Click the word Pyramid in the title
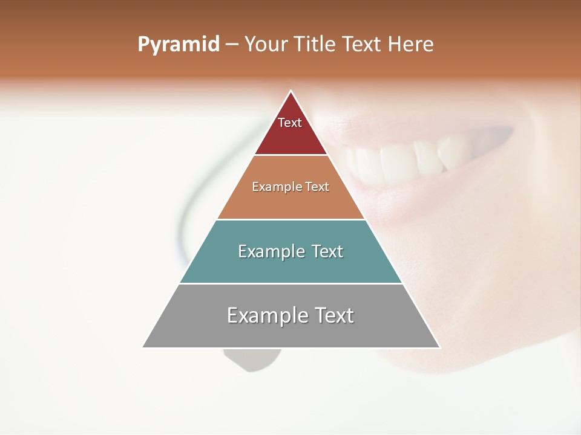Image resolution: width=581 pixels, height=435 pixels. point(178,45)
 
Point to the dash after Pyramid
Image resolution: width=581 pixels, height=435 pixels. point(232,45)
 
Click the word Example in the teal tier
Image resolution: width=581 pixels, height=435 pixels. point(266,251)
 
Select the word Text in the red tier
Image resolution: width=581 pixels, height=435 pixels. point(290,123)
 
